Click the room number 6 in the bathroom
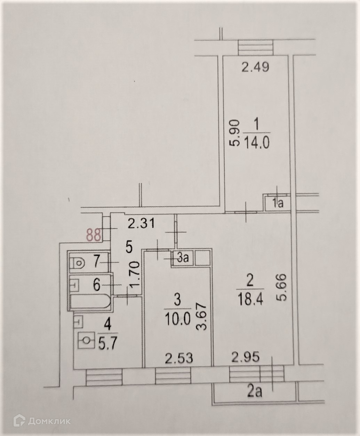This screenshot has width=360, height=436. pyautogui.click(x=96, y=285)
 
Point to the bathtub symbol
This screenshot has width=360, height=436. pyautogui.click(x=90, y=302)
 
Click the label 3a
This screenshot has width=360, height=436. pyautogui.click(x=183, y=259)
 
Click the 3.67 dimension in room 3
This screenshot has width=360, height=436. pyautogui.click(x=204, y=317)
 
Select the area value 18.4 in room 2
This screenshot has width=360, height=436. pyautogui.click(x=249, y=299)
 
